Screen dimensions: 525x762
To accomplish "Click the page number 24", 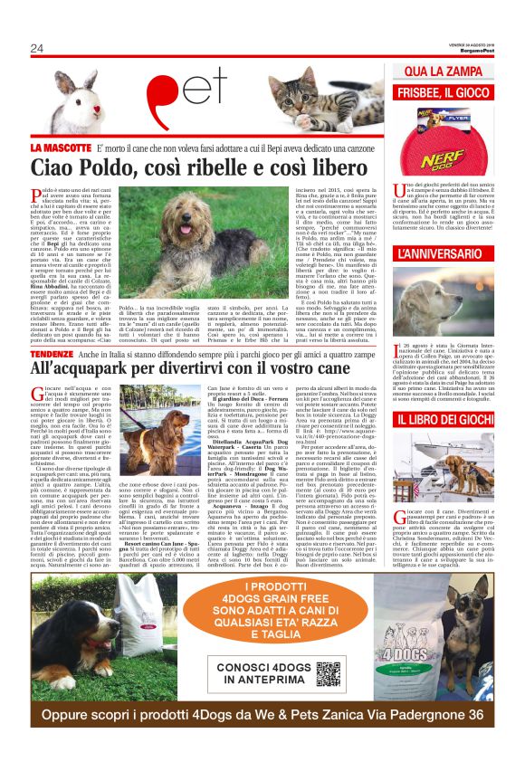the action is click(37, 48).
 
